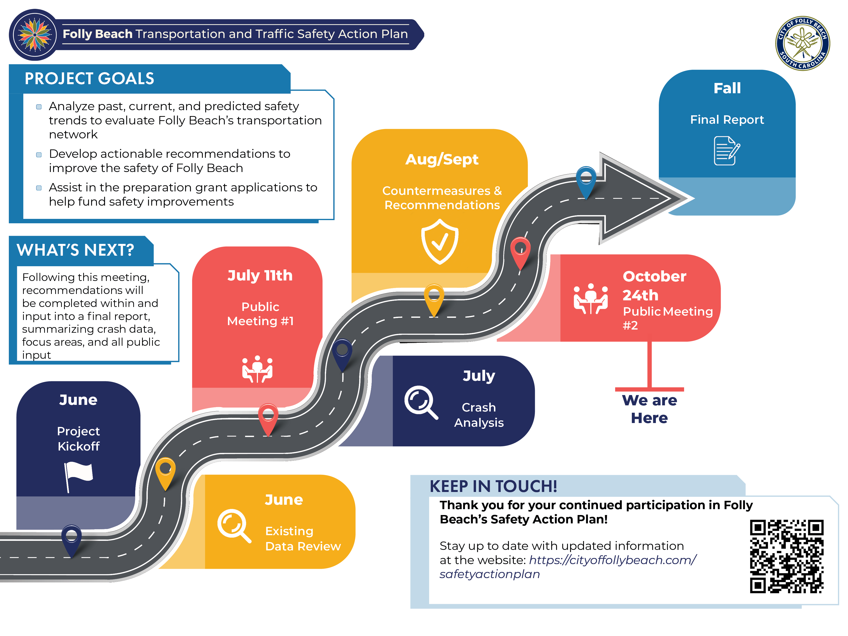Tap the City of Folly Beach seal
(x=802, y=43)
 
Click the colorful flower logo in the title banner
(x=35, y=35)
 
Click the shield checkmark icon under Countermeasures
(x=440, y=241)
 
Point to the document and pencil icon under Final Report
(x=727, y=151)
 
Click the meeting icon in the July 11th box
(x=257, y=369)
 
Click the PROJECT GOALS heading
(x=89, y=79)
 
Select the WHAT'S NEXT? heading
(x=76, y=250)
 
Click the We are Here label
(x=649, y=409)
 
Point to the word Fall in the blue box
(x=727, y=88)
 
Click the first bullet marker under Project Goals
(x=39, y=106)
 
